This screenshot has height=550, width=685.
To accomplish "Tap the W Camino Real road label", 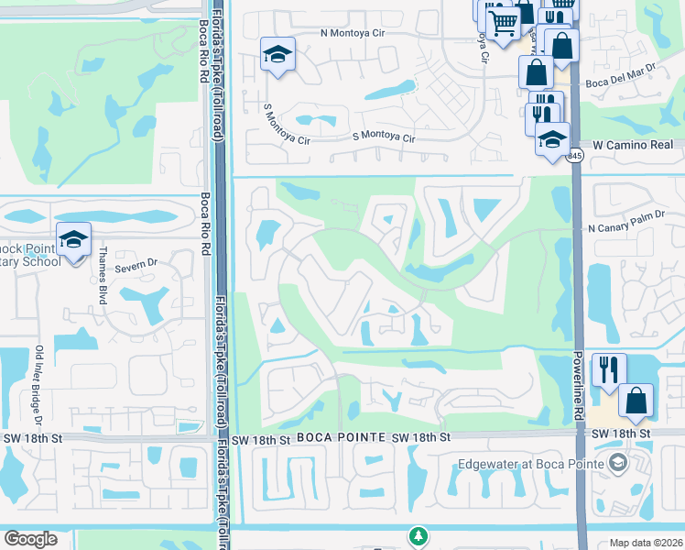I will click(633, 146).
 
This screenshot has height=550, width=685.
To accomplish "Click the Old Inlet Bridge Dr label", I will click(39, 385).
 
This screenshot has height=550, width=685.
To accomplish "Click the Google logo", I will click(30, 539).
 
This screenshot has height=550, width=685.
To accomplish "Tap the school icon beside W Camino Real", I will click(552, 139).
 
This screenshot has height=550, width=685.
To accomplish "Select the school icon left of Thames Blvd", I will click(73, 239).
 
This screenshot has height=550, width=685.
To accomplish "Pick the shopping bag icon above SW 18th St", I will click(636, 401).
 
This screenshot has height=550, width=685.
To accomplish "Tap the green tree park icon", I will click(418, 534).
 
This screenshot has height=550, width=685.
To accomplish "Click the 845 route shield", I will click(574, 157).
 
